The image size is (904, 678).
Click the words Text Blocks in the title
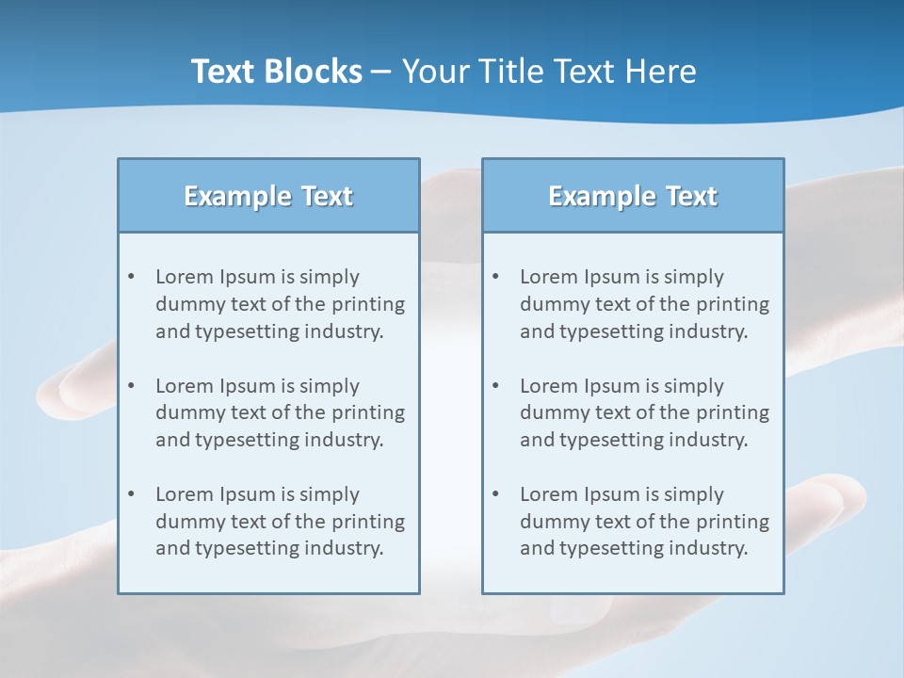(276, 72)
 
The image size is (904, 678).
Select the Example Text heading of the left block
(268, 196)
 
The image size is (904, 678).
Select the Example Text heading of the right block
(633, 196)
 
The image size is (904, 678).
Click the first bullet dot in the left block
(132, 277)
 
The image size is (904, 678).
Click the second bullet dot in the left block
(132, 386)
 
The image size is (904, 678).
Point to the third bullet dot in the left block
(132, 494)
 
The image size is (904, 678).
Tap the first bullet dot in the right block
(496, 277)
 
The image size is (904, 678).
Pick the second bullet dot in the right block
(496, 386)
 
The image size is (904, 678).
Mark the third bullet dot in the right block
(496, 494)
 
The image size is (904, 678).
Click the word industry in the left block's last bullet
(343, 548)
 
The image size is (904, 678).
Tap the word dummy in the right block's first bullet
(554, 304)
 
